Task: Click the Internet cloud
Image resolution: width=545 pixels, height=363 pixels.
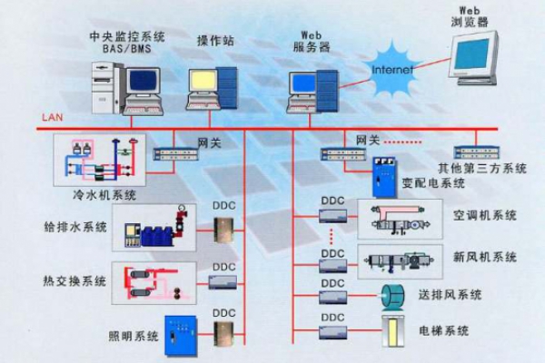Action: point(391,68)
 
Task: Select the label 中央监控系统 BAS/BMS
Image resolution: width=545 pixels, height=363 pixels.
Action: point(127,44)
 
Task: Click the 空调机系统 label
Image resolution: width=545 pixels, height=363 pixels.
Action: point(485,216)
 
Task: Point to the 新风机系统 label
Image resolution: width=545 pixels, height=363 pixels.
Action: point(485,257)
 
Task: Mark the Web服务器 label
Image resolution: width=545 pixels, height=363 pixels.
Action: point(309,40)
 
